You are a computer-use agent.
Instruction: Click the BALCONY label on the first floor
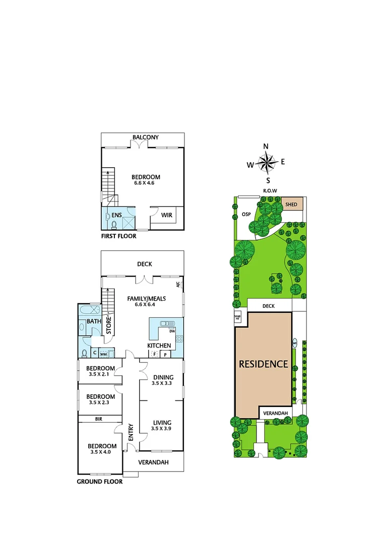146,137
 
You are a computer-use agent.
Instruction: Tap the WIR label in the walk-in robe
166,215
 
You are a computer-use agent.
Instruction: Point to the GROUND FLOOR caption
99,482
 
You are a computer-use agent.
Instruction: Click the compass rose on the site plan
267,163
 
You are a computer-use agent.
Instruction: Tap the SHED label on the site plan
291,205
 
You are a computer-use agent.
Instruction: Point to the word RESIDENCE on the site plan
263,364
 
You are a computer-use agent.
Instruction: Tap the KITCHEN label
159,346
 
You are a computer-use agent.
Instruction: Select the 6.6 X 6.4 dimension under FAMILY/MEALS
146,305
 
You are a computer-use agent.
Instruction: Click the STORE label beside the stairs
108,325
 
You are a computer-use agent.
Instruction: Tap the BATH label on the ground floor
94,321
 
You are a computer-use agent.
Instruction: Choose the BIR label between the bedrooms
99,419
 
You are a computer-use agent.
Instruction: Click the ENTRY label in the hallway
131,432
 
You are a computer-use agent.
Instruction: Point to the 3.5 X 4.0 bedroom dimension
102,452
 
